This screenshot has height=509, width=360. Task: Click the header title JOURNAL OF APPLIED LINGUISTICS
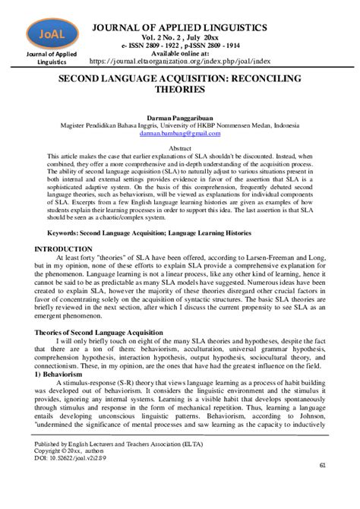[x=179, y=28]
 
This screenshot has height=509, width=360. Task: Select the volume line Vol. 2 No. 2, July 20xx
[x=179, y=38]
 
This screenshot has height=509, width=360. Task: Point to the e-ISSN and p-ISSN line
[x=179, y=46]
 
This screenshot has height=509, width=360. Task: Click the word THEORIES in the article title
[x=179, y=89]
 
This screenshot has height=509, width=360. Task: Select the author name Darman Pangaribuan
[x=179, y=119]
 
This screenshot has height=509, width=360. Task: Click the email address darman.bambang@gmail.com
[x=179, y=133]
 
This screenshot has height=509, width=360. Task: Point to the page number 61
[x=323, y=486]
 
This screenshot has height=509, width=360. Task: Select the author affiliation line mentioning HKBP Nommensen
[x=179, y=126]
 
